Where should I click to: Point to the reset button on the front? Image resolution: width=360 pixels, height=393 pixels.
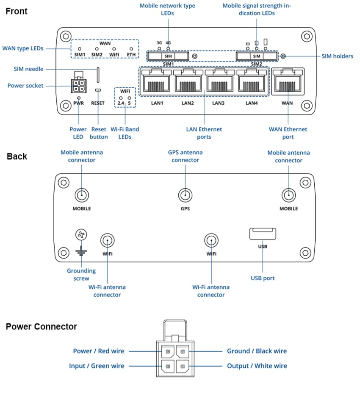98,90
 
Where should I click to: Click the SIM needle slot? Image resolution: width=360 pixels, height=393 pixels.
98,75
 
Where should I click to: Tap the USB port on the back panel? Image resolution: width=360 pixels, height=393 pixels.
263,234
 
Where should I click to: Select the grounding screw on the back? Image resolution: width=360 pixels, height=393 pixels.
81,234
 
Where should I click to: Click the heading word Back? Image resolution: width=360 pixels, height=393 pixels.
17,156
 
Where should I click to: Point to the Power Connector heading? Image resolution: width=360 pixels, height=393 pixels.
41,327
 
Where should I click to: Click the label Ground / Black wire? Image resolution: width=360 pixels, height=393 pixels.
257,351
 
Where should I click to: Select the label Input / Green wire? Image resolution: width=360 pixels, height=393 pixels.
97,366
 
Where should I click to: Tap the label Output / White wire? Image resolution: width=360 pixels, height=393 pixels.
257,366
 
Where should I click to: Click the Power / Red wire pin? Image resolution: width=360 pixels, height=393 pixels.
168,351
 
